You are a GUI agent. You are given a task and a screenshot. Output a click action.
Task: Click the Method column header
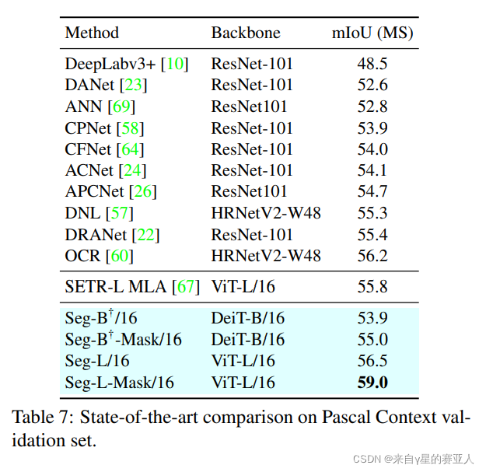92,33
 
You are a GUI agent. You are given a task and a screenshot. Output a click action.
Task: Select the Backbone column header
246,33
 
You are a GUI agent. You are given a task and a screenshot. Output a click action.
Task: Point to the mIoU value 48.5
372,64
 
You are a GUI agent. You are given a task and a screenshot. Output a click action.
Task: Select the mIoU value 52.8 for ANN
372,107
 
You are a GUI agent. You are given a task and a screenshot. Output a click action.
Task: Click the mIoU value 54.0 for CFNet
372,149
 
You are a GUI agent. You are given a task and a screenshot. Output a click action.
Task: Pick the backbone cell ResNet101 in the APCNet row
249,191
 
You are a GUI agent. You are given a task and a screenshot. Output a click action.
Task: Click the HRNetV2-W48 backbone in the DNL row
266,213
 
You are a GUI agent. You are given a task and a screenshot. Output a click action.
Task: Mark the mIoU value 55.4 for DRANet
372,234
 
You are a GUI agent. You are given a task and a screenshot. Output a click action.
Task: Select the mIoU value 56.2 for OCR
372,255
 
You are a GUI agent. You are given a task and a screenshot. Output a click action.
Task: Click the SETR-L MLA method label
115,287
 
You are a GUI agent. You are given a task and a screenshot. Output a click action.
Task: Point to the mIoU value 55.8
372,287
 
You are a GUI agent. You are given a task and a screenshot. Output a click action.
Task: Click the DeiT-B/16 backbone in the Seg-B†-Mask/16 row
247,340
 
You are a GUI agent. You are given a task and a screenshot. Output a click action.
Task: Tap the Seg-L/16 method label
97,361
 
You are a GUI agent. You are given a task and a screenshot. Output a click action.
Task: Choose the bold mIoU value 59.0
372,382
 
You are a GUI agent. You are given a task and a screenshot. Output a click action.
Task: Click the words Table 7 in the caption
38,416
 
